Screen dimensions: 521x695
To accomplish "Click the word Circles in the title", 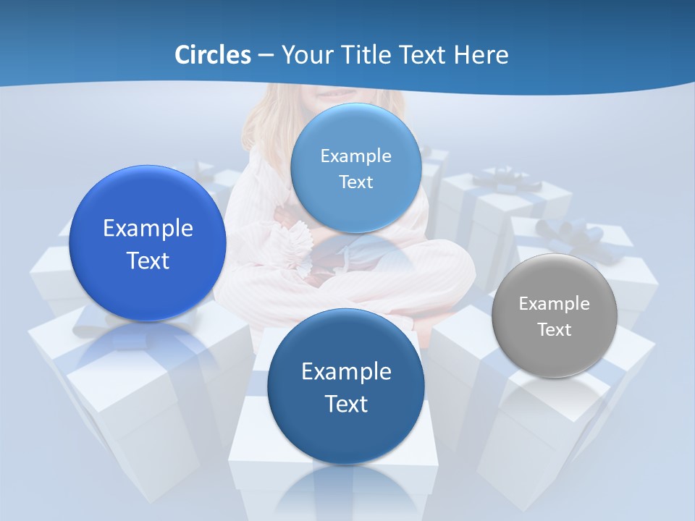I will coord(212,55).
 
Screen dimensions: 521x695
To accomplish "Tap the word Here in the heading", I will coord(481,55).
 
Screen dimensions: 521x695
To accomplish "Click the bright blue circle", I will coord(148,244).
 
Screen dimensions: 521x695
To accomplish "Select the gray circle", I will coord(555,315).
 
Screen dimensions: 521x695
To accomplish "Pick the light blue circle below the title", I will coord(355,168).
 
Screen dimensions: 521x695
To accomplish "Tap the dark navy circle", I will coord(346,386).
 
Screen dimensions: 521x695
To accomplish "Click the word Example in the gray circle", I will coord(555,303).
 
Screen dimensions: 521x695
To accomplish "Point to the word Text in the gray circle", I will coord(555,329).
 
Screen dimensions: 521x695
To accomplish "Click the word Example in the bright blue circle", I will coord(148,229).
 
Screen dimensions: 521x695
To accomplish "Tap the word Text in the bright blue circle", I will coord(148,260).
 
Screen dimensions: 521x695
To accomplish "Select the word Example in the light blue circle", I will coord(355,156).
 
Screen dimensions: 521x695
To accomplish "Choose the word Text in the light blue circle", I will coord(355,182).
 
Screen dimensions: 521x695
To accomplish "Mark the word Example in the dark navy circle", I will coord(346,372).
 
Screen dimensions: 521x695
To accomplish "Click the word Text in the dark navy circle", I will coord(346,404).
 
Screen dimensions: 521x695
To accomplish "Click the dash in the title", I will coord(265,56).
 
